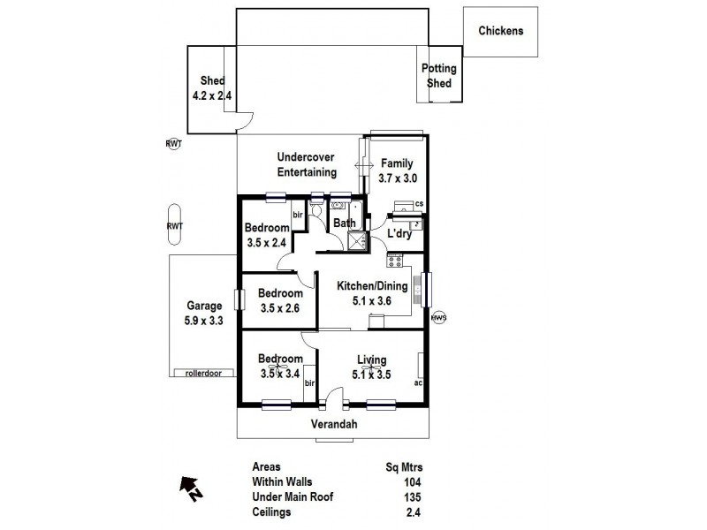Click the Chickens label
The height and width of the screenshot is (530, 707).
coord(501,31)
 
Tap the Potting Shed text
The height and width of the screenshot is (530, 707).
coord(438,76)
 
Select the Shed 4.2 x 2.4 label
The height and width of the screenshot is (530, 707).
coord(212,88)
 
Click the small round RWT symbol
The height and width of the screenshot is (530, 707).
coord(174,143)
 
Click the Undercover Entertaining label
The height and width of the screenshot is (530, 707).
coord(306,164)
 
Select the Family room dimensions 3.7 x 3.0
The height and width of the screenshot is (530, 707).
coord(398,178)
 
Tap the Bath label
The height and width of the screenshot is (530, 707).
coord(344,223)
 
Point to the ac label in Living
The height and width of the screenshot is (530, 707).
coord(418,383)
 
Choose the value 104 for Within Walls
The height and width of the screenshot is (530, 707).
coord(412,481)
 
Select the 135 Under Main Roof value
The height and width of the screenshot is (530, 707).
coord(412,496)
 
